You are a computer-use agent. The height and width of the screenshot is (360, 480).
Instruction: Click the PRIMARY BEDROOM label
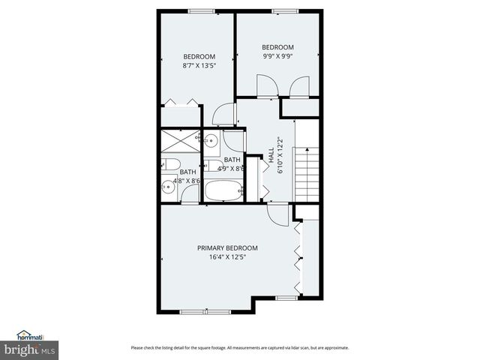point(227,248)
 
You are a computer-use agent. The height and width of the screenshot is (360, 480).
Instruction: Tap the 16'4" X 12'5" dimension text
point(227,257)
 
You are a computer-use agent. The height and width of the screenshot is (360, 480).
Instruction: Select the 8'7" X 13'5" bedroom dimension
point(199,65)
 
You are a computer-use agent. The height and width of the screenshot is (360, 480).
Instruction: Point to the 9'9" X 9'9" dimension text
point(277,55)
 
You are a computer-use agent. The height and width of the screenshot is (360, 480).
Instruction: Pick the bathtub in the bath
point(222,190)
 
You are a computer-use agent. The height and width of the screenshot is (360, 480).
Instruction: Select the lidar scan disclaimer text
point(240,347)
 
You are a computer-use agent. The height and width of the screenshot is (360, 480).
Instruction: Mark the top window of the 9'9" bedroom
point(282,10)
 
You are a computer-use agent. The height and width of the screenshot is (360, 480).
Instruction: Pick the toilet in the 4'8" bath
point(170,165)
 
